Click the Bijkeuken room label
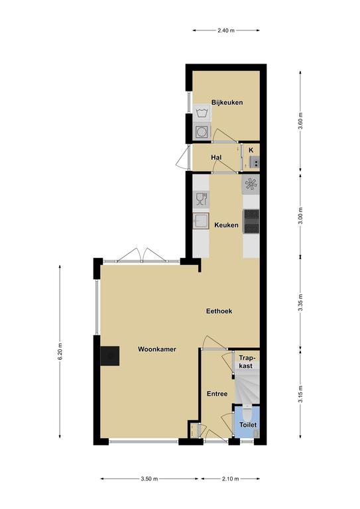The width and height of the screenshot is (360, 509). pyautogui.click(x=227, y=103)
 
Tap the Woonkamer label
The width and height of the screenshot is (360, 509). pyautogui.click(x=157, y=349)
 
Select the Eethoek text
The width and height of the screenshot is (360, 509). pyautogui.click(x=219, y=311)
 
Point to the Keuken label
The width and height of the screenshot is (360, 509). pyautogui.click(x=226, y=225)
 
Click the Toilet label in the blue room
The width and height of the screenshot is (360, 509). pyautogui.click(x=248, y=425)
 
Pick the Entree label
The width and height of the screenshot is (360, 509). pyautogui.click(x=217, y=394)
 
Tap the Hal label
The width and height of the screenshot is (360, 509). pyautogui.click(x=216, y=158)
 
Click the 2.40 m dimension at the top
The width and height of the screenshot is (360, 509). pyautogui.click(x=226, y=30)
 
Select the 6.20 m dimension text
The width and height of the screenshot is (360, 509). pyautogui.click(x=60, y=351)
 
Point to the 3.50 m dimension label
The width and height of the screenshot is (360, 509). pyautogui.click(x=149, y=479)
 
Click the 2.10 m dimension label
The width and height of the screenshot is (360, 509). pyautogui.click(x=231, y=479)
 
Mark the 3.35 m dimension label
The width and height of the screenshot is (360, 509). pyautogui.click(x=300, y=302)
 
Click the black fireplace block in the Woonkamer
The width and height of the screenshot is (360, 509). pyautogui.click(x=110, y=356)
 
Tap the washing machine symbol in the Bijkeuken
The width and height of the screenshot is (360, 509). pyautogui.click(x=202, y=113)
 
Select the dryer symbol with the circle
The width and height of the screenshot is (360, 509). pyautogui.click(x=202, y=131)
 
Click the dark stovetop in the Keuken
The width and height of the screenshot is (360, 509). pyautogui.click(x=251, y=221)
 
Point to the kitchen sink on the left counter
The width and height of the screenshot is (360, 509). pyautogui.click(x=201, y=221)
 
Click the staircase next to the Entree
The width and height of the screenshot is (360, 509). pyautogui.click(x=247, y=387)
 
